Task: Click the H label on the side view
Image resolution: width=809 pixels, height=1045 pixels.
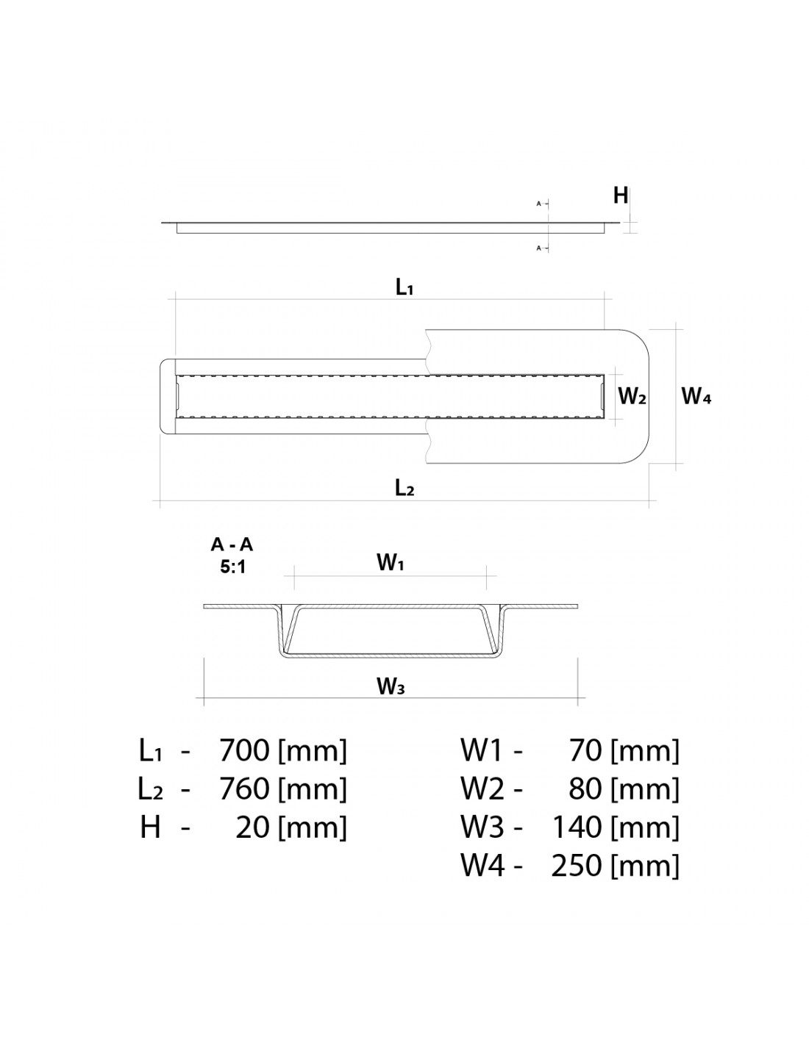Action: point(620,195)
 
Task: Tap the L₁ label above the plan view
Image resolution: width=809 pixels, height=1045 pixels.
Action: point(404,287)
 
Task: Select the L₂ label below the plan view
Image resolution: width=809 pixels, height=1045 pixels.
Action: point(404,488)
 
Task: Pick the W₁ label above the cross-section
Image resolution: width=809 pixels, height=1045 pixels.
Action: point(390,562)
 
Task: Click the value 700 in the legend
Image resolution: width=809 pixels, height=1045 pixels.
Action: point(243,750)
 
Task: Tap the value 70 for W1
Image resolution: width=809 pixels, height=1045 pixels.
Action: point(585,750)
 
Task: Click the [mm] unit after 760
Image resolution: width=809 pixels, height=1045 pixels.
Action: point(313,789)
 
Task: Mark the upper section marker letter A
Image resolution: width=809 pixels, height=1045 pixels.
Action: point(539,204)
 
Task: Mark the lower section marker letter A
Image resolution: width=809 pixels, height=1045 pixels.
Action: point(539,248)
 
